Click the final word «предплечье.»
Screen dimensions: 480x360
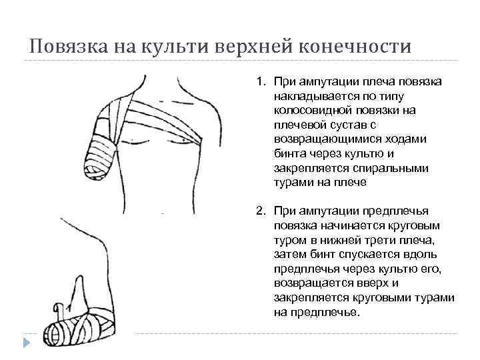click(316, 311)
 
